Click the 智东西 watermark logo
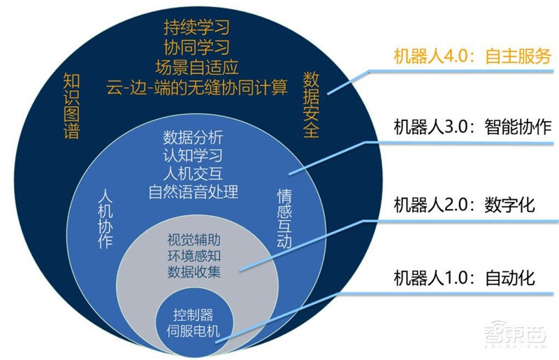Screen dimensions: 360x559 click(516, 339)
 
